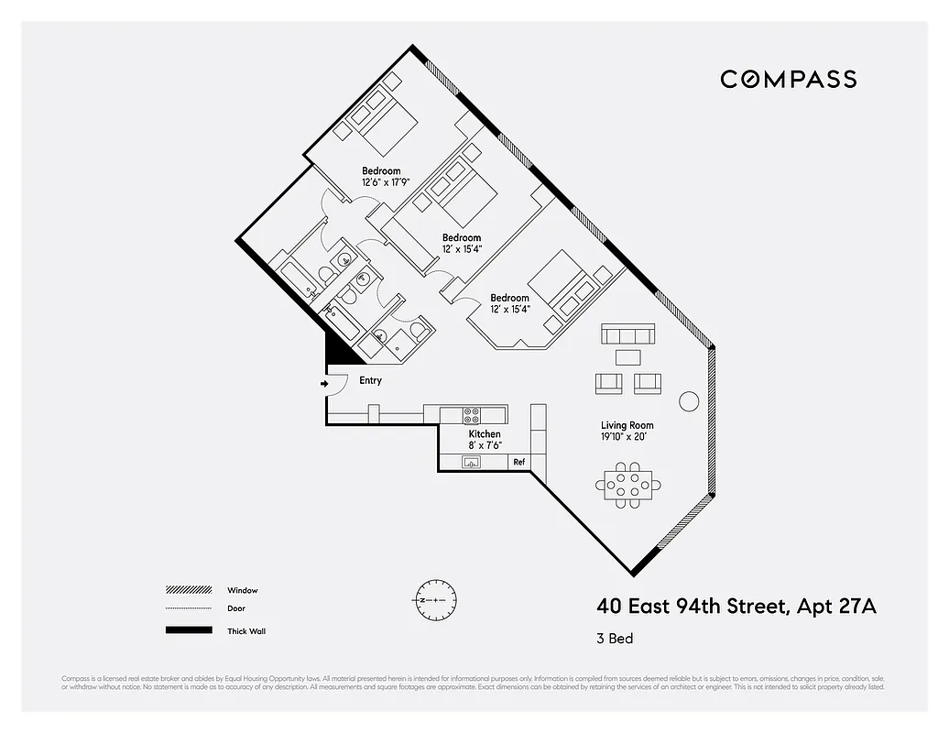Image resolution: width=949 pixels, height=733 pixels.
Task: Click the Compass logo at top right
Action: (788, 79)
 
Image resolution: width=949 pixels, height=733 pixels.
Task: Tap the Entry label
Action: (370, 381)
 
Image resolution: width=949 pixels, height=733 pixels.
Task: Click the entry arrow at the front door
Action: (325, 384)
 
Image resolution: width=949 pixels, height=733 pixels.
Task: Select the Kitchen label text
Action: (485, 433)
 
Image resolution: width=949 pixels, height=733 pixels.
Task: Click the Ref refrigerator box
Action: (518, 462)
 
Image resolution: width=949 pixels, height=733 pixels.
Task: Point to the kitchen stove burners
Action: (472, 414)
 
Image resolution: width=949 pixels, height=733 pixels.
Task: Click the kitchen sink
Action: (473, 462)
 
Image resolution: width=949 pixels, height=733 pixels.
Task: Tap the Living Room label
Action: (627, 425)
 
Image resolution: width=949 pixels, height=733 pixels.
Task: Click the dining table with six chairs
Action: (627, 486)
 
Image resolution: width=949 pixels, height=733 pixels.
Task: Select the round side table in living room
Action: (688, 401)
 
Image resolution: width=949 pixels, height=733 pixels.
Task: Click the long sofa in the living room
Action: (627, 333)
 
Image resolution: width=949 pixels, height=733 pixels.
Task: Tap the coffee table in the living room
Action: (628, 356)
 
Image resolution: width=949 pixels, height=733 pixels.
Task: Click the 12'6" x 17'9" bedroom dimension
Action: (385, 182)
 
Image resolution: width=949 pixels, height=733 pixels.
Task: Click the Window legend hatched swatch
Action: (187, 590)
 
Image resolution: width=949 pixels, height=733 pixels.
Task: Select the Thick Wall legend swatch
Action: (187, 630)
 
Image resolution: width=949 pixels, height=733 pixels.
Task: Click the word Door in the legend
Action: (236, 608)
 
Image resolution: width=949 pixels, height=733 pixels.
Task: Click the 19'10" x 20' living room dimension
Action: (627, 437)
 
